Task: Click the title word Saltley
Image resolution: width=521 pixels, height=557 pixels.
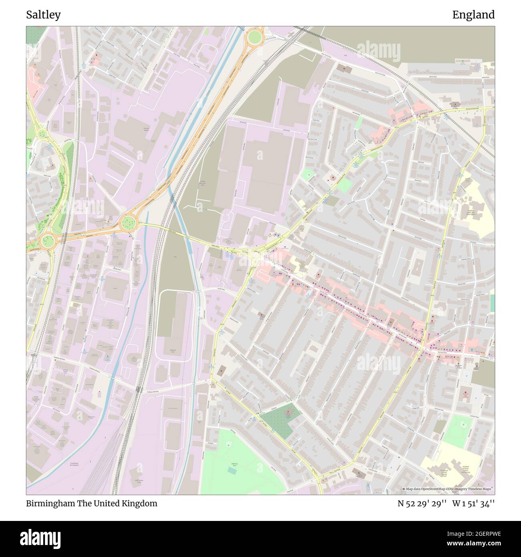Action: point(43,15)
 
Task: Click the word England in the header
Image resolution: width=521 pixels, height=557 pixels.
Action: point(473,15)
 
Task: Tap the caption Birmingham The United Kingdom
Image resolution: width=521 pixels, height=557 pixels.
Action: point(92,503)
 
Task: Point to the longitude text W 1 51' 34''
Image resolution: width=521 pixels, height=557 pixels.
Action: point(473,503)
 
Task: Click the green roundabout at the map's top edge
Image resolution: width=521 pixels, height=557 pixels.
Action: point(254,38)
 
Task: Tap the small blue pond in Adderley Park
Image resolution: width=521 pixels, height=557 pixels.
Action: point(232,470)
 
